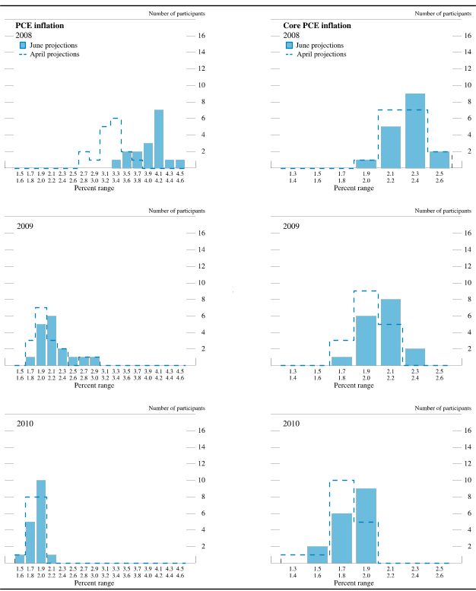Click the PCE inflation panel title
pyautogui.click(x=40, y=25)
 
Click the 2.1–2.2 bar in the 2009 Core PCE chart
pyautogui.click(x=390, y=332)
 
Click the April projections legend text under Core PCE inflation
pyautogui.click(x=321, y=55)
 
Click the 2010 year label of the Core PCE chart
pyautogui.click(x=291, y=423)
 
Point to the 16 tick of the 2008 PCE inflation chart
pyautogui.click(x=201, y=36)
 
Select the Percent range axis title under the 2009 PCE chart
pyautogui.click(x=94, y=386)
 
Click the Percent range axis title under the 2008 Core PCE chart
pyautogui.click(x=354, y=188)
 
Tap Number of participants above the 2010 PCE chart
pyautogui.click(x=176, y=407)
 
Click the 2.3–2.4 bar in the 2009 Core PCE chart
pyautogui.click(x=414, y=357)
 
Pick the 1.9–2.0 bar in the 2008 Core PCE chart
pyautogui.click(x=366, y=164)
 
